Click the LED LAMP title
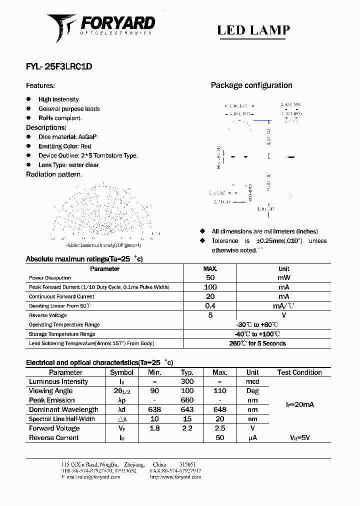tap(253, 30)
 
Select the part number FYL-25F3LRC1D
tap(59, 66)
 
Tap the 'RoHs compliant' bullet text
tap(60, 118)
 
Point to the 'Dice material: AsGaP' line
tap(67, 136)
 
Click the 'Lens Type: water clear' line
tap(68, 165)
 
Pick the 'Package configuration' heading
tap(251, 85)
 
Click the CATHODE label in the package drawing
tap(250, 192)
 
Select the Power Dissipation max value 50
tap(210, 277)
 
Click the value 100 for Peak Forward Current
tap(210, 287)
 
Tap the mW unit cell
tap(283, 277)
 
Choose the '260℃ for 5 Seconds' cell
tap(257, 343)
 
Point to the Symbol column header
tap(121, 372)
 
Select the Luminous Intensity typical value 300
tap(187, 381)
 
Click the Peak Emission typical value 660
tap(187, 400)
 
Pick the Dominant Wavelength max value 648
tap(219, 410)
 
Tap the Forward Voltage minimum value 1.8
tap(154, 428)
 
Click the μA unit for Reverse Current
tap(252, 438)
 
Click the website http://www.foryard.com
tap(175, 477)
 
